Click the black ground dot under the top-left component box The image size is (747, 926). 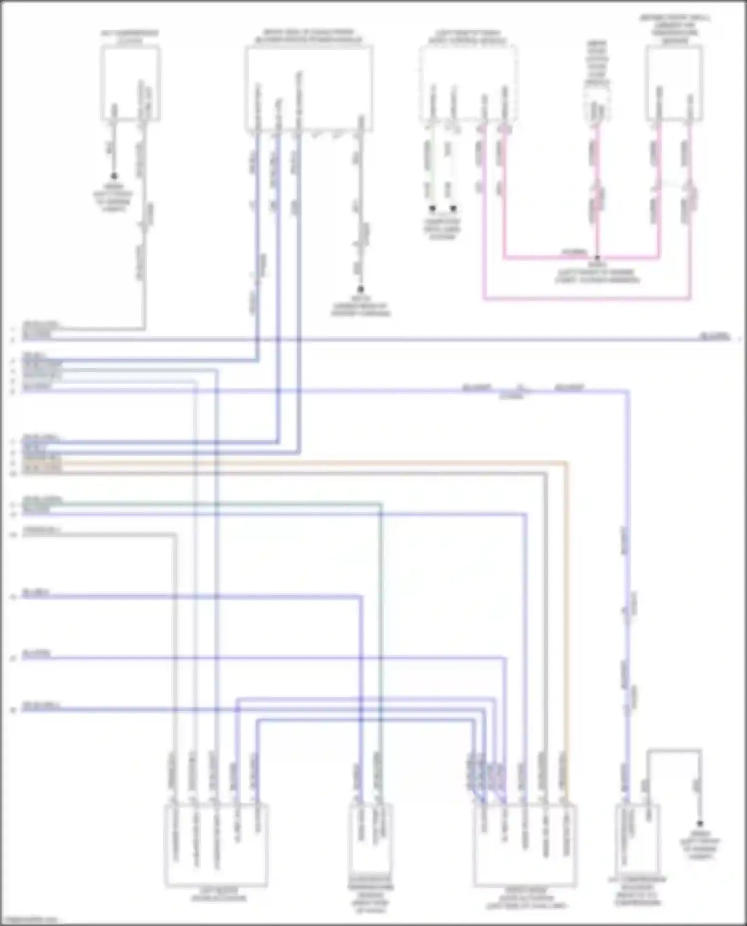click(x=114, y=176)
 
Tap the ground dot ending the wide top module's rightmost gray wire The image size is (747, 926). click(x=360, y=289)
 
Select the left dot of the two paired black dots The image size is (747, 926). click(x=433, y=208)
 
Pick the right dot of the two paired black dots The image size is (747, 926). click(x=453, y=208)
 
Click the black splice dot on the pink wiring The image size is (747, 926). click(x=597, y=258)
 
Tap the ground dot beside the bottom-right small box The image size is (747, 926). click(x=699, y=823)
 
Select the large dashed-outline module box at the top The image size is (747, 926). click(x=468, y=84)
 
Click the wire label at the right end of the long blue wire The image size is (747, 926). click(x=714, y=337)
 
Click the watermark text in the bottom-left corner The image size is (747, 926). click(x=30, y=920)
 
